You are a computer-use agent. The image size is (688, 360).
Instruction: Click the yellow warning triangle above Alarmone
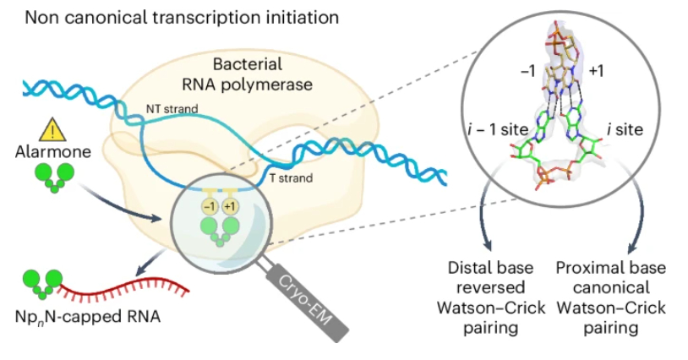(x=52, y=131)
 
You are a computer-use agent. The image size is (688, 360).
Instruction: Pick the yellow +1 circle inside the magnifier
(x=228, y=208)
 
